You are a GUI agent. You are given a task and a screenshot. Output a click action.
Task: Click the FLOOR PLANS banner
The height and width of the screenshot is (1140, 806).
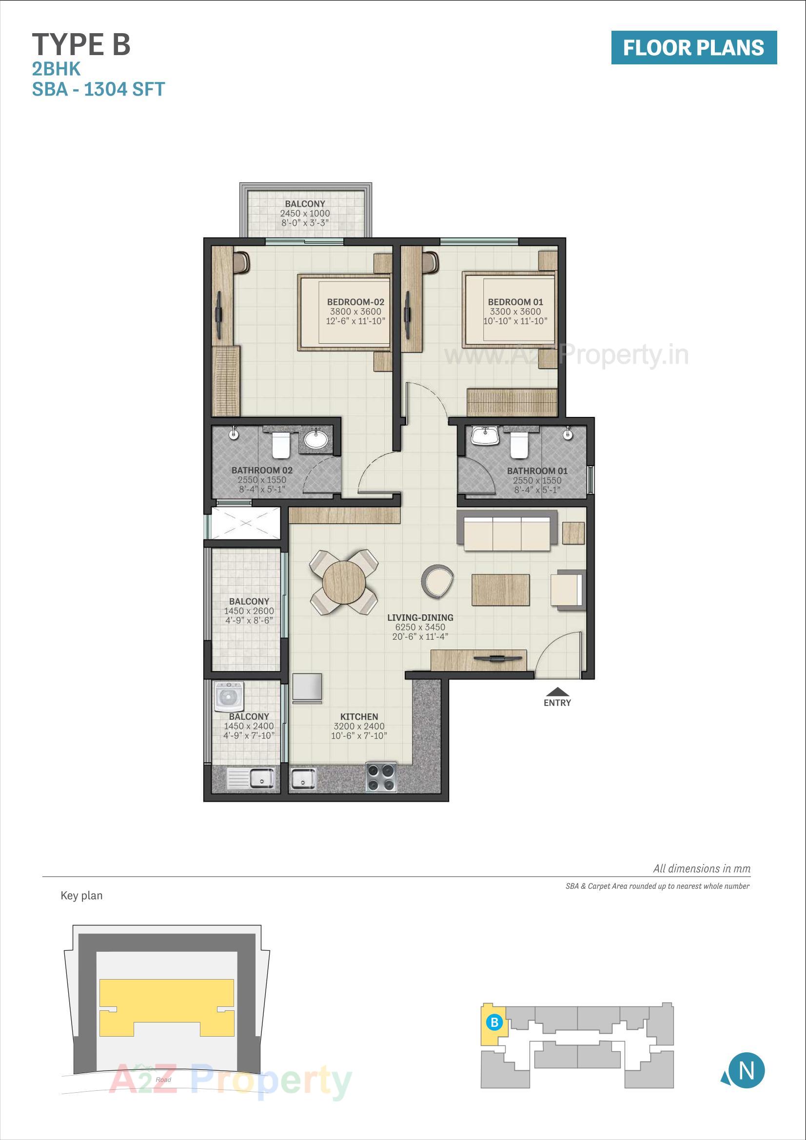[x=693, y=48]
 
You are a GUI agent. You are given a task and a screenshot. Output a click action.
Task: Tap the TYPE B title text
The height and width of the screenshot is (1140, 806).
[x=81, y=45]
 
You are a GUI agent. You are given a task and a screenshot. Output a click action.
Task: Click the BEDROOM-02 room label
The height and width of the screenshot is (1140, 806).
[x=355, y=302]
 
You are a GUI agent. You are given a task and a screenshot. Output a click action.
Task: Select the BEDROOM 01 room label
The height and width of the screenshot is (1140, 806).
[x=515, y=302]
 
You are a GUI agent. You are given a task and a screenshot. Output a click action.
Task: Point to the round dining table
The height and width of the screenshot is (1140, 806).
[x=344, y=581]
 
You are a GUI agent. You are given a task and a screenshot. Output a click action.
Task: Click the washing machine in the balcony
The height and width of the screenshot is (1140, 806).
[x=229, y=696]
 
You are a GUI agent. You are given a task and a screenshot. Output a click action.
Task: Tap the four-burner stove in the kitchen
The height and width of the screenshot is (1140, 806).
[x=381, y=777]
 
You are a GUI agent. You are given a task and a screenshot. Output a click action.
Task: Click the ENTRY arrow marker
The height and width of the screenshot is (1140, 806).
[x=557, y=691]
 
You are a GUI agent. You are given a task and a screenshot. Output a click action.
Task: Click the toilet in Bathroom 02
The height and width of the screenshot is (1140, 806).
[x=280, y=445]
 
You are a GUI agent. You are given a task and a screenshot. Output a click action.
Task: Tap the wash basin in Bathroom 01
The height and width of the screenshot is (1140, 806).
[x=485, y=435]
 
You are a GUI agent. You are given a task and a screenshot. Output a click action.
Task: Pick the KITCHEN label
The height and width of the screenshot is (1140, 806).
[x=359, y=716]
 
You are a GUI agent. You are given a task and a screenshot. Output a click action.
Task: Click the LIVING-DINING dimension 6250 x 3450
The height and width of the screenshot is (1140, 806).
[x=420, y=627]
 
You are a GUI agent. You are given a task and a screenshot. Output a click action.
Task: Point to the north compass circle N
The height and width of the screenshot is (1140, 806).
[x=746, y=1070]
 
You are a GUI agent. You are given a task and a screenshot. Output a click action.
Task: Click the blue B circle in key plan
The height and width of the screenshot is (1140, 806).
[x=494, y=1022]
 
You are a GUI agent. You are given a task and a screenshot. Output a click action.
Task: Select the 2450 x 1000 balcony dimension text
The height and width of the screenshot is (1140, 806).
[x=305, y=214]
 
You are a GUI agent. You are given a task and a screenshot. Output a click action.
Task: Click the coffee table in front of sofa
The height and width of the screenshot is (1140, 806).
[x=500, y=590]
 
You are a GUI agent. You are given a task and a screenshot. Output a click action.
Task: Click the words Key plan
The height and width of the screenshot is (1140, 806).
[x=81, y=896]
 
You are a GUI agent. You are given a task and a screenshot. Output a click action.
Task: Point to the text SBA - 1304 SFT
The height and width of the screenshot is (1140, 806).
[x=98, y=89]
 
